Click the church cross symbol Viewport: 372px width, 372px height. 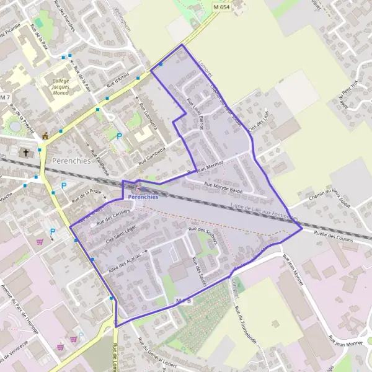coord(26,152)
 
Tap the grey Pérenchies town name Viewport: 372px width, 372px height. coord(71,160)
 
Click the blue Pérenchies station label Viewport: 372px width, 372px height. coord(143,197)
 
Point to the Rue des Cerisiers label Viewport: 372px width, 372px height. coord(116,216)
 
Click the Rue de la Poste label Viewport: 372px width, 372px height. coord(86,196)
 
